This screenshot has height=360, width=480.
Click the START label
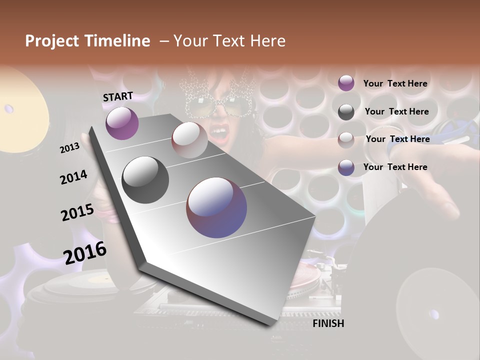tap(118, 96)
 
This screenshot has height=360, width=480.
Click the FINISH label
tap(328, 323)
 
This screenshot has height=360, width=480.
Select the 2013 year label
tap(69, 147)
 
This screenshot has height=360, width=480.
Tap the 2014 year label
tap(73, 177)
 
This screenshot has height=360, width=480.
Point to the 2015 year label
tap(77, 212)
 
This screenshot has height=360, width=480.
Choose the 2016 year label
tap(85, 252)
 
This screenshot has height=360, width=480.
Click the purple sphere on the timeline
tap(122, 123)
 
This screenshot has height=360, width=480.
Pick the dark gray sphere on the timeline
tap(145, 180)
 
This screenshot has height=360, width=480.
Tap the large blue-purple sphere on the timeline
tap(216, 207)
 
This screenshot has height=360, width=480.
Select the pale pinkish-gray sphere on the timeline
tap(189, 139)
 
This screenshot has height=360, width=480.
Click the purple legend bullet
tap(346, 83)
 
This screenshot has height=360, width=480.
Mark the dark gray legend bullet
tap(346, 111)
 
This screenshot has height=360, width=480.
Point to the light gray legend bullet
tap(346, 139)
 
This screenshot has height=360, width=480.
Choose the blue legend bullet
tap(346, 167)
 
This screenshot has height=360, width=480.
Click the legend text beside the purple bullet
tap(395, 83)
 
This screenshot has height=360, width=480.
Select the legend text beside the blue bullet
tap(395, 167)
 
